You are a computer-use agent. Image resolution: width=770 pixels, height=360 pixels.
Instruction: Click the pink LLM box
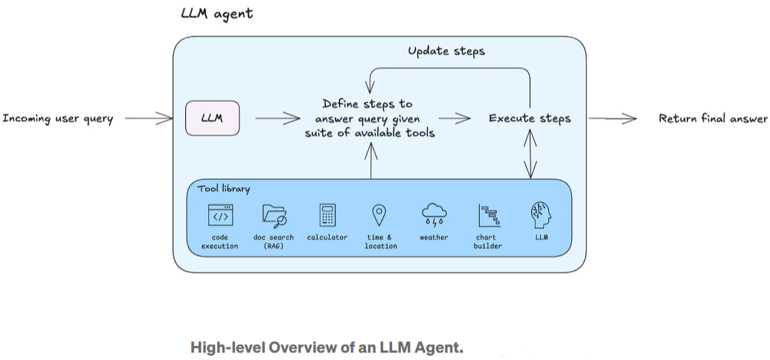point(212,118)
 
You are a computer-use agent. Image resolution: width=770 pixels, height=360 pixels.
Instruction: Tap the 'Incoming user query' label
point(58,118)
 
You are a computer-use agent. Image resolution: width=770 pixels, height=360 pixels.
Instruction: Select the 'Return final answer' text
point(712,118)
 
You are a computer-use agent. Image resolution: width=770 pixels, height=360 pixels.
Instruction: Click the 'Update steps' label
point(446,51)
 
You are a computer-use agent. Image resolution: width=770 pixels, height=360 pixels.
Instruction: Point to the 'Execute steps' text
point(530,118)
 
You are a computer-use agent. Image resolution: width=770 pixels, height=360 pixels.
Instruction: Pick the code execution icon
point(220,215)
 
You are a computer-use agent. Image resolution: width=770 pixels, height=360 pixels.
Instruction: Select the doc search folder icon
point(274,215)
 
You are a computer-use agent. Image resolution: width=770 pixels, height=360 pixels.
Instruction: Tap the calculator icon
point(327,215)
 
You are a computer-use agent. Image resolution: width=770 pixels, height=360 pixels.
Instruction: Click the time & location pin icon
point(379,215)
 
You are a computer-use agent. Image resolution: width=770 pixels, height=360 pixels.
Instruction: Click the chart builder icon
point(487,216)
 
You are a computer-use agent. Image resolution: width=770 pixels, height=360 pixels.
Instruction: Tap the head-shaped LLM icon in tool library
point(541,215)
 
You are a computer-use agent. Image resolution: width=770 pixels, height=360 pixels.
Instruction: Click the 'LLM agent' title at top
point(216,13)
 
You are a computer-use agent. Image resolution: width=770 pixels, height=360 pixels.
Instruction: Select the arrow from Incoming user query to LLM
point(149,118)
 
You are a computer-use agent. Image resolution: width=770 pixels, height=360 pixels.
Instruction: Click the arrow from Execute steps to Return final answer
point(612,118)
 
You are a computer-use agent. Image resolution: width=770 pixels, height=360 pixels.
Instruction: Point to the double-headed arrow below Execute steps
point(530,153)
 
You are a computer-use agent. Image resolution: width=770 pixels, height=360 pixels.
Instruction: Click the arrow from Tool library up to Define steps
point(370,159)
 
